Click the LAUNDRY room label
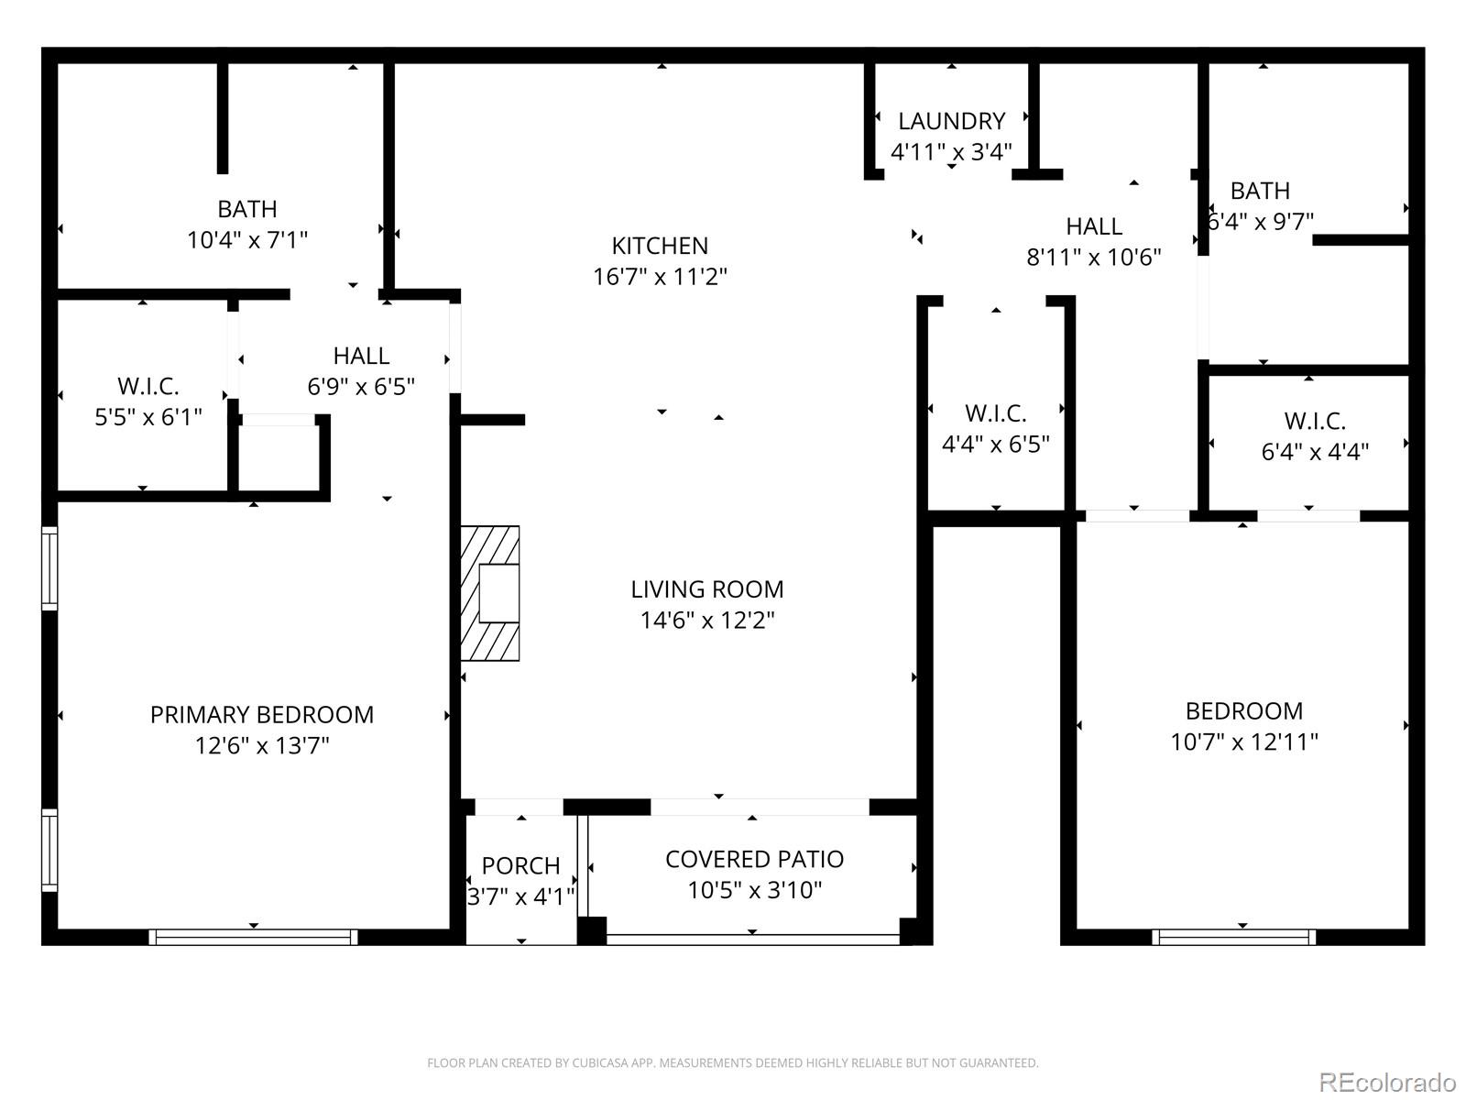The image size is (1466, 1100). pos(951,121)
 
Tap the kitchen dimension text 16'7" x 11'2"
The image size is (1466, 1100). pos(660,276)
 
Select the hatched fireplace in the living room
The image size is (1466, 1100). pos(490,593)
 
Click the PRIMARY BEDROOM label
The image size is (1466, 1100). pos(262,715)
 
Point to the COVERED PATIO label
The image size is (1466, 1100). pos(754,859)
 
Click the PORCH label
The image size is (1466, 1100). pos(520,865)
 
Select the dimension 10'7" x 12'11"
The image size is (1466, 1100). pos(1243,742)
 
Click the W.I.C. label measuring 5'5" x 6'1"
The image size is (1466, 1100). pos(148,386)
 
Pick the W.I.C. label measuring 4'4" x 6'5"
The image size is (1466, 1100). pos(995,413)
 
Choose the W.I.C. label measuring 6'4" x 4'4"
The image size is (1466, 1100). pos(1314,421)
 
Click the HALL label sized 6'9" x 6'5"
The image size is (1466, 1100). pos(361,356)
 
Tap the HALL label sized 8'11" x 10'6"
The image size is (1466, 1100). pos(1093,226)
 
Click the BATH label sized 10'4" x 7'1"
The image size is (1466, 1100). pos(247,209)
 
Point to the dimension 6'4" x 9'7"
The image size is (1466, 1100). pos(1261,222)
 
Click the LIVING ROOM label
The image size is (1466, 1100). pos(706,589)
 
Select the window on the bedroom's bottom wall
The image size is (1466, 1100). pos(1234,937)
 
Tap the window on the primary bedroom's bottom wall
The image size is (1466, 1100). pos(254,937)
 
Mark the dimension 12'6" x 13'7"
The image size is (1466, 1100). pos(262,745)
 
